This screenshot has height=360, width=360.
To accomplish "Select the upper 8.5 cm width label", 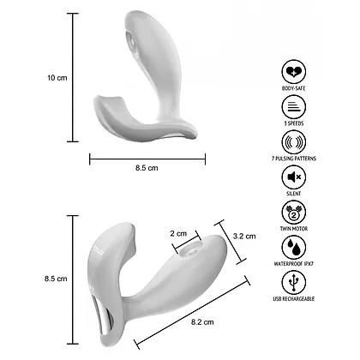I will coord(147,168).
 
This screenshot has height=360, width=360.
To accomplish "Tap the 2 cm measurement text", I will coord(178,233).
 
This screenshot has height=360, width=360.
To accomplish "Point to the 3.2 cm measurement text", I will coord(245,237).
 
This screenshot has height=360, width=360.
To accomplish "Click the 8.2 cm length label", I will coord(202,321).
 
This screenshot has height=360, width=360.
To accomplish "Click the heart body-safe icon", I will coord(295,71).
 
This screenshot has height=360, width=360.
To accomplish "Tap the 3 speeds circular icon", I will coord(295,107).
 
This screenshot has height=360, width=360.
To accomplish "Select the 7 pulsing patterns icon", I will coord(295,142).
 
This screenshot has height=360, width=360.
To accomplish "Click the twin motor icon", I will coord(295,213).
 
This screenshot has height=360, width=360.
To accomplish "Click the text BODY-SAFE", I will coord(295,88).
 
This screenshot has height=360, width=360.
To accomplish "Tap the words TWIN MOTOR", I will coord(295,231).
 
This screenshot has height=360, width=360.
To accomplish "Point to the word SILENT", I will coord(295,195).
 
